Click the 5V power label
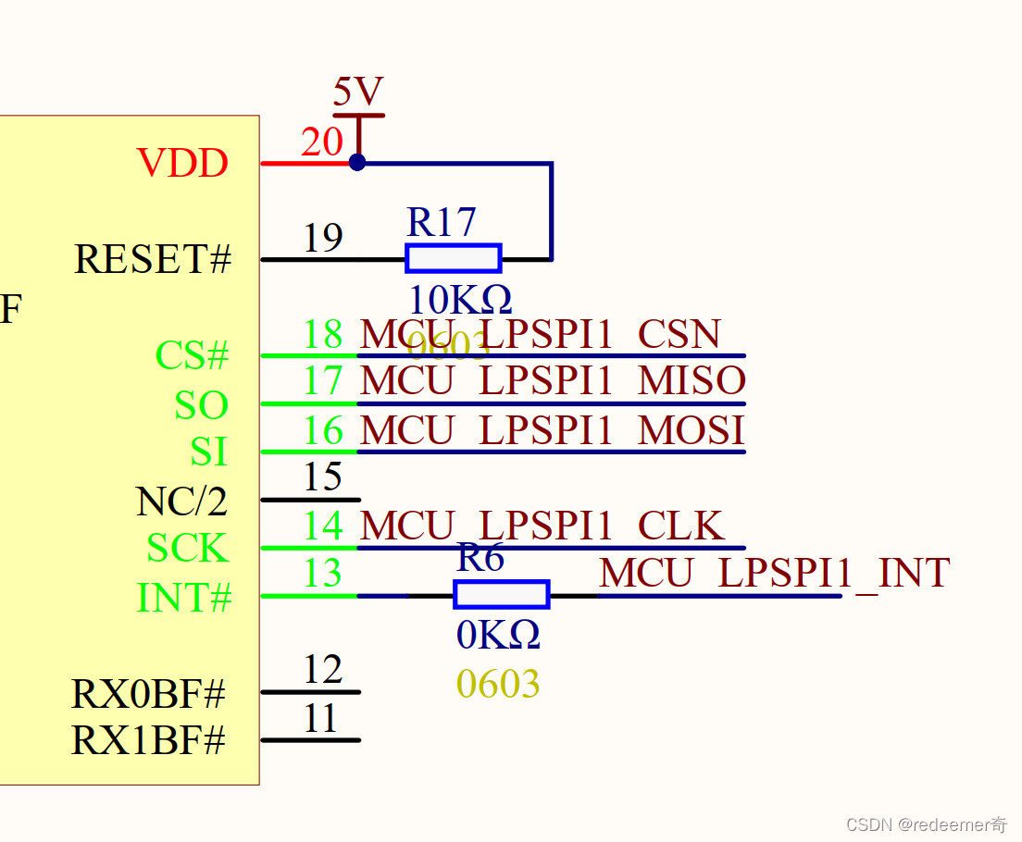coord(357,93)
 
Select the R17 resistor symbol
coord(454,258)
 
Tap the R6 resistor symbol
coord(502,594)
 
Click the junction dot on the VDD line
coord(357,163)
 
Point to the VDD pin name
coord(182,164)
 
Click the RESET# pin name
coord(153,260)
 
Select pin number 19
coord(323,239)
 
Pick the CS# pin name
coord(192,356)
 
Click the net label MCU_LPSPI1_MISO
coord(552,381)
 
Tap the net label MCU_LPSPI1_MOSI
coord(552,430)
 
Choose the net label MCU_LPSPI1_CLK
coord(541,526)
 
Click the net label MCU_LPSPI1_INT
coord(774,574)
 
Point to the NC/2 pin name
coord(181,501)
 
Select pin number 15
coord(323,477)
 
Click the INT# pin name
coord(184,599)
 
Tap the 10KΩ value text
coord(459,300)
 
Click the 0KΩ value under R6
coord(498,636)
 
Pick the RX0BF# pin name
coord(149,694)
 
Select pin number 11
coord(320,719)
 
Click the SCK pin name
coord(187,549)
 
